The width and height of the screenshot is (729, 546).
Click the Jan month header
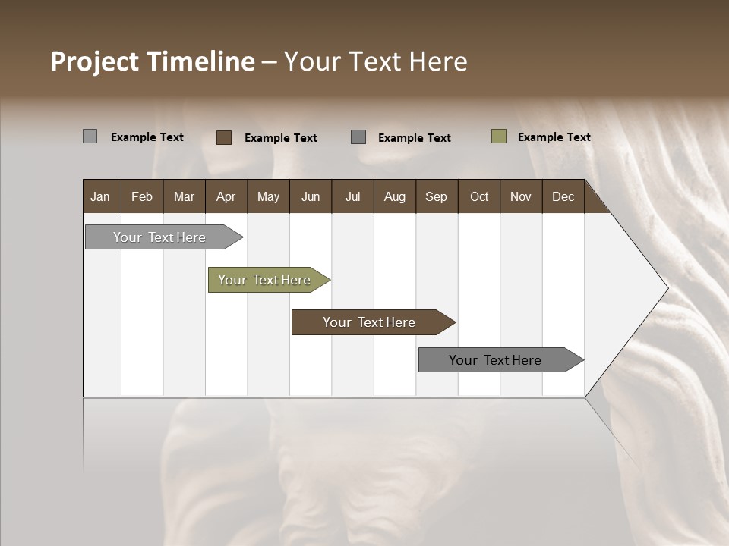coord(100,196)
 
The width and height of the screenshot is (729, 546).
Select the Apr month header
coord(226,196)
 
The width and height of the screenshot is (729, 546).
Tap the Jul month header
coord(352,196)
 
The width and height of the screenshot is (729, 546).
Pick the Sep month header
coord(436,196)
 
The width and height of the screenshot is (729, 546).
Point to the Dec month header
coord(563,196)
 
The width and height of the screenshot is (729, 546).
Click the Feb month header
coord(142,196)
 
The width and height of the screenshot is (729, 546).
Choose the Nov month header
coord(520,196)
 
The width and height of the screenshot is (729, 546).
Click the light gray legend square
coord(90,136)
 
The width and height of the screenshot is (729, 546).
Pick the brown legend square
coord(223,137)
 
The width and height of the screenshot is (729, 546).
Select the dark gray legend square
coord(358,136)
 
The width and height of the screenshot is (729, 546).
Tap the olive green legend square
coord(498,136)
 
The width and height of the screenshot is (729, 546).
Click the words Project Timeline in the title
coord(152,61)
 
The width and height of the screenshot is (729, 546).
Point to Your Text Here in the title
coord(376,61)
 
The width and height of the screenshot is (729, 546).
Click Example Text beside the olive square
coord(554,137)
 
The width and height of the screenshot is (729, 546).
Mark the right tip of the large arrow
coord(667,288)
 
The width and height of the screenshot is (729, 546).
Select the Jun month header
coord(311,196)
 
